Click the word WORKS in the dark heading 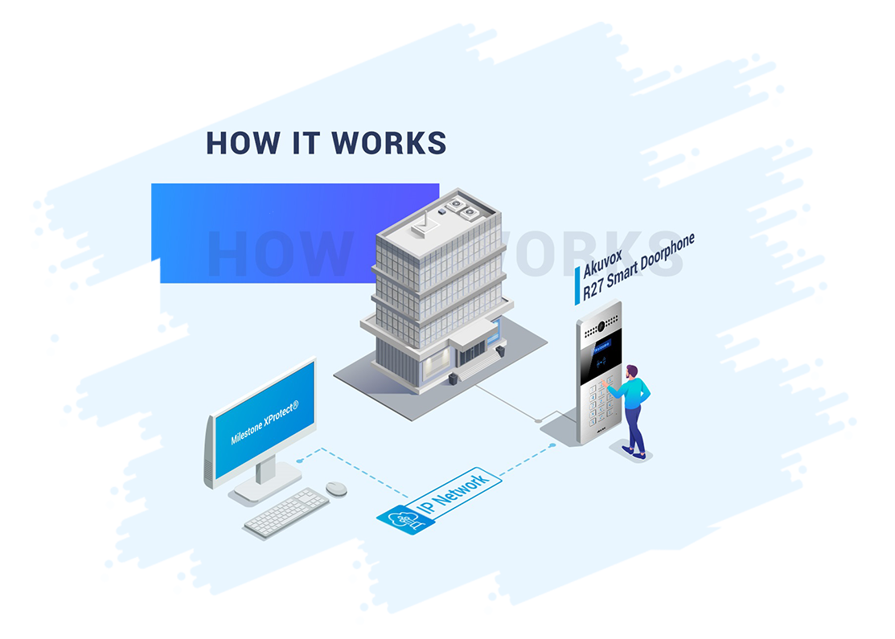(389, 142)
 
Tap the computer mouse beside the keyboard (336, 488)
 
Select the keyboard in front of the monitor (287, 512)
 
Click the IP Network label (455, 491)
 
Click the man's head (632, 372)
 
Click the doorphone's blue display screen (601, 348)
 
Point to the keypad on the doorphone (600, 402)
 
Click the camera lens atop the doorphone (598, 326)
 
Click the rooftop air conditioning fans (463, 207)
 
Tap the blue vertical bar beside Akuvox (577, 285)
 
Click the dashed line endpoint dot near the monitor (299, 461)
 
